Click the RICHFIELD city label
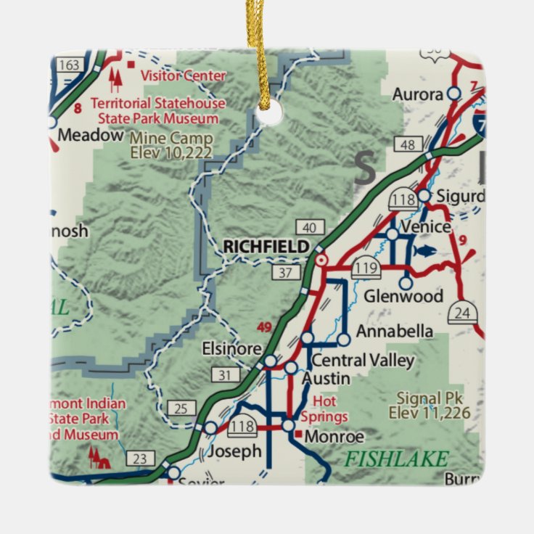click(x=266, y=247)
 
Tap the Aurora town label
click(x=417, y=94)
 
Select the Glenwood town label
click(x=403, y=296)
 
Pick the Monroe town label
click(x=334, y=437)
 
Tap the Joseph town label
click(x=234, y=451)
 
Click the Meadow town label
click(x=90, y=135)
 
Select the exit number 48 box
click(x=408, y=145)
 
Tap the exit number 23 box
click(x=139, y=458)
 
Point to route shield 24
click(x=461, y=313)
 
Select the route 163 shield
click(x=70, y=65)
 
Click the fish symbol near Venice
click(x=424, y=251)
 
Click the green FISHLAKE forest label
click(x=396, y=459)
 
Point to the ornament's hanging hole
click(x=271, y=113)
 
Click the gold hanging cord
click(x=258, y=44)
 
